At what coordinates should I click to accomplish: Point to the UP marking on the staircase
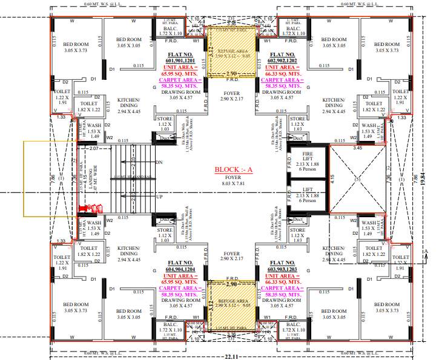[x=159, y=197]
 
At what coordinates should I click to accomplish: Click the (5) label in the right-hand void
[x=357, y=180]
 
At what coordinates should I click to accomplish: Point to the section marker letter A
[x=426, y=250]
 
